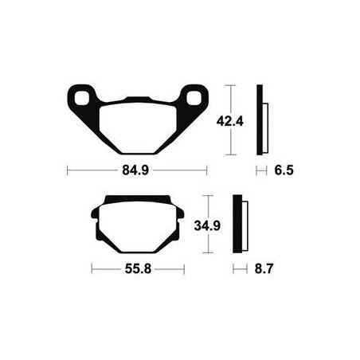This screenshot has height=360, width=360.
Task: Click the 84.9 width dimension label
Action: pos(135,170)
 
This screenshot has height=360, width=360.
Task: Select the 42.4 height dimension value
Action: pos(230,122)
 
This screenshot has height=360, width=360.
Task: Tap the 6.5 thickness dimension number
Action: pos(284,170)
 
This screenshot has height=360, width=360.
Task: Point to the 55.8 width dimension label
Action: pos(138,269)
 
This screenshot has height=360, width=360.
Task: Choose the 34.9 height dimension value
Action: pos(207,226)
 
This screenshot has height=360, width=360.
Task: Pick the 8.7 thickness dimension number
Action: pos(264,269)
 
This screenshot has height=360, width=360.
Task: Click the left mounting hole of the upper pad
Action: pos(81,98)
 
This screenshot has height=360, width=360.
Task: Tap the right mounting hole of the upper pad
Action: pos(194,98)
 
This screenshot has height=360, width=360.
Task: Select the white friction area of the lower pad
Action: pos(138,226)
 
